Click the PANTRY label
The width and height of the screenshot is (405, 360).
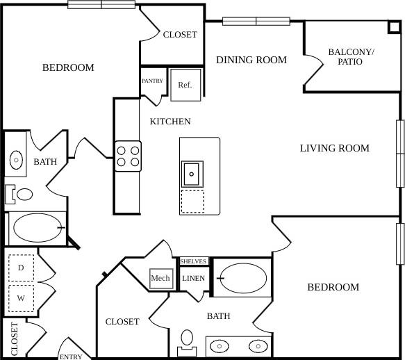pyautogui.click(x=152, y=81)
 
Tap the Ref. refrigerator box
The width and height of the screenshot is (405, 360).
pyautogui.click(x=185, y=85)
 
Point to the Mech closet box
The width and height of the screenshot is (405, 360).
pyautogui.click(x=160, y=278)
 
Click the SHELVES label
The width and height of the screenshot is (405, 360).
pyautogui.click(x=193, y=261)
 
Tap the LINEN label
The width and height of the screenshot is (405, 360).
pyautogui.click(x=192, y=279)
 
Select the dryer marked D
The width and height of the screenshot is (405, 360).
pyautogui.click(x=21, y=268)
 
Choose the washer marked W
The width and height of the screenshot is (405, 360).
pyautogui.click(x=21, y=298)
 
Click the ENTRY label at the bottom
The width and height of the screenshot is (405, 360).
pyautogui.click(x=71, y=357)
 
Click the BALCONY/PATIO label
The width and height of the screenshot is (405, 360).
pyautogui.click(x=350, y=57)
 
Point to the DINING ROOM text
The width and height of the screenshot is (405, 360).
pyautogui.click(x=251, y=60)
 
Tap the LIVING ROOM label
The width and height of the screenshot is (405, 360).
pyautogui.click(x=334, y=148)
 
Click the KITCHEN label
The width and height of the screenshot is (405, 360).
pyautogui.click(x=170, y=122)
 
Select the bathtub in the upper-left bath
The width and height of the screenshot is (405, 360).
pyautogui.click(x=37, y=227)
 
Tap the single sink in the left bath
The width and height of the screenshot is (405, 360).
pyautogui.click(x=17, y=161)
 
